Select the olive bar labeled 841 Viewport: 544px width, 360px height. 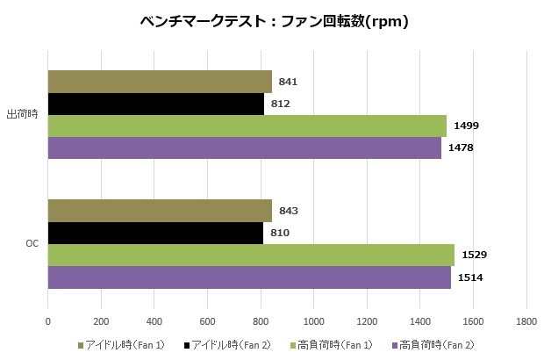159,82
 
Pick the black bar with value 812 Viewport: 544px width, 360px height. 155,104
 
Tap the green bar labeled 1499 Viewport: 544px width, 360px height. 247,126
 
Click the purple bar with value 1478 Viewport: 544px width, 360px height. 244,148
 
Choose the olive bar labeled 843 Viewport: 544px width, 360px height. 159,211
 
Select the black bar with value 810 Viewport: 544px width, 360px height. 155,233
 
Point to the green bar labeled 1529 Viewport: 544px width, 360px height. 250,255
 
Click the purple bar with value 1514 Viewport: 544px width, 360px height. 248,277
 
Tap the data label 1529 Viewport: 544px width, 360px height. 475,255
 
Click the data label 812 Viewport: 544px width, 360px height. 281,104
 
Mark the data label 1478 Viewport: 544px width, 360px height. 462,148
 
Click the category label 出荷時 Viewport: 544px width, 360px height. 21,114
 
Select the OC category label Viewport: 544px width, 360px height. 30,244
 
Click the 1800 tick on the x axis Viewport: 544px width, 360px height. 526,322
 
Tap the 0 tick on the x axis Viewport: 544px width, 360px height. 47,322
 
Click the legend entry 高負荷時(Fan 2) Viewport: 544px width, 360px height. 439,344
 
